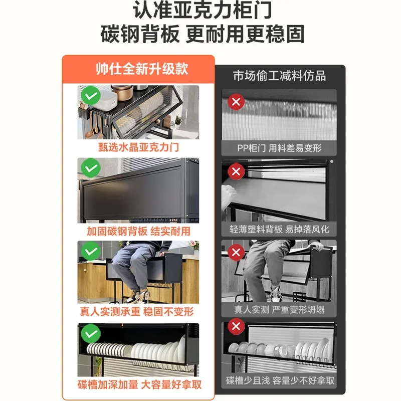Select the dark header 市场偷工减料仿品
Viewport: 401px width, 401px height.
click(279, 76)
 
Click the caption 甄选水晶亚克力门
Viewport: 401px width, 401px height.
click(138, 148)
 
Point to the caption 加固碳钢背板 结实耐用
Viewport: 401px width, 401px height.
click(138, 231)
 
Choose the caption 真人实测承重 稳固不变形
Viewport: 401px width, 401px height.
click(138, 312)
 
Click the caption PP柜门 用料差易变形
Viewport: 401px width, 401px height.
click(279, 148)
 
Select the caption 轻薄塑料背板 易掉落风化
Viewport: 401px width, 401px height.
click(279, 230)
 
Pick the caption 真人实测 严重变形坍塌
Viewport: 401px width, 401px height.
click(279, 310)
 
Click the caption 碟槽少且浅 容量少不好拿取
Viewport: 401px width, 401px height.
click(279, 381)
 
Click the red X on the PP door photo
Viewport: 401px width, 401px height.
click(236, 103)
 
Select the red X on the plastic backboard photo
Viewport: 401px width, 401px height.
click(236, 172)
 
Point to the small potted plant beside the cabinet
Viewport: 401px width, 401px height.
click(177, 122)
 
